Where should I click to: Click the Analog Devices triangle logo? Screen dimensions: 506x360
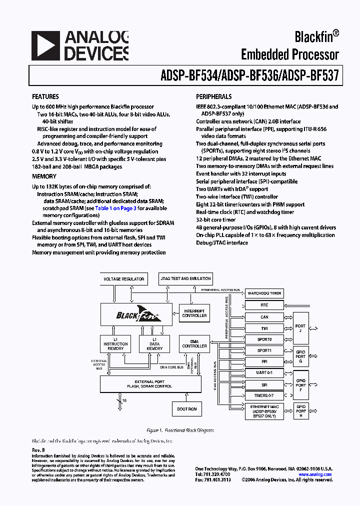pyautogui.click(x=45, y=46)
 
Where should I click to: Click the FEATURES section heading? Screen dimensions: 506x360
pyautogui.click(x=45, y=96)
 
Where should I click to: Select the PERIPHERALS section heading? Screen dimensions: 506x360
pyautogui.click(x=213, y=96)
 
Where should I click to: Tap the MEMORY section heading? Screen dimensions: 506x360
pyautogui.click(x=44, y=176)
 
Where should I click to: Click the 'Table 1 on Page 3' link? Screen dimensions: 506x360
pyautogui.click(x=116, y=208)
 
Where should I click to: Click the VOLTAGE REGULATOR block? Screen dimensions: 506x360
pyautogui.click(x=123, y=279)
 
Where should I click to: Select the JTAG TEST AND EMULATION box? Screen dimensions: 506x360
pyautogui.click(x=185, y=278)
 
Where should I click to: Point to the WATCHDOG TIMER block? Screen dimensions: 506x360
pyautogui.click(x=264, y=293)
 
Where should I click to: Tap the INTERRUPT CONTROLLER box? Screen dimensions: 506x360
pyautogui.click(x=194, y=313)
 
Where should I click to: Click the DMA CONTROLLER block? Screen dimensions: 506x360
pyautogui.click(x=194, y=343)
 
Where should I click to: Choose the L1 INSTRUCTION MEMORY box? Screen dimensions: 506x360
pyautogui.click(x=115, y=343)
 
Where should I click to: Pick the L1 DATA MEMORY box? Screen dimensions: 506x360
pyautogui.click(x=154, y=343)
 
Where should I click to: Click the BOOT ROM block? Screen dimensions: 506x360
pyautogui.click(x=186, y=409)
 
